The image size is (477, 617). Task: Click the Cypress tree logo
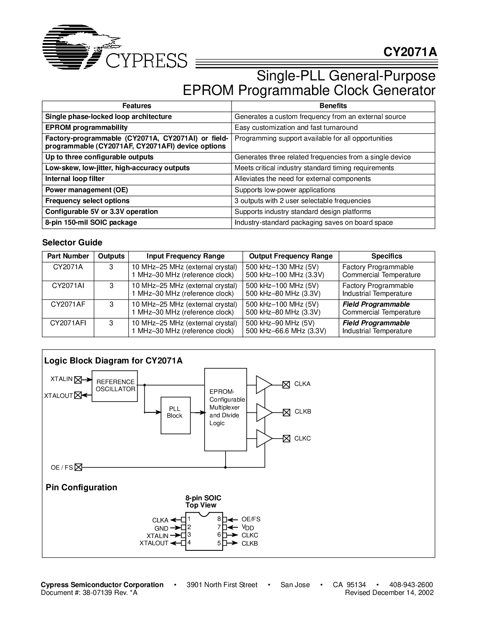81,47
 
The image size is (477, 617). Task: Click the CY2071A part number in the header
410,52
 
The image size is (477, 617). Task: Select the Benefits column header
333,106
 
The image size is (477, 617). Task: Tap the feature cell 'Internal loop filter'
75,179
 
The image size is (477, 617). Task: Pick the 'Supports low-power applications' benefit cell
285,190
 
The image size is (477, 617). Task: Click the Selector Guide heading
72,242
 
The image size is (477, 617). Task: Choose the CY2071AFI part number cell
68,323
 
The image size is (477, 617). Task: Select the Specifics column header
387,256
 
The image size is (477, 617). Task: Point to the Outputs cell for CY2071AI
111,286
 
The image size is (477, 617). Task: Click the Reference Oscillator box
115,386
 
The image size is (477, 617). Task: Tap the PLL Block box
175,415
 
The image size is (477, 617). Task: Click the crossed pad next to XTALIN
78,380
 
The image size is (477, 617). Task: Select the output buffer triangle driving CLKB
264,412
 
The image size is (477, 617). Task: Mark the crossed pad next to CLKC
286,439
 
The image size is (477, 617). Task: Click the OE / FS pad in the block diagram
78,467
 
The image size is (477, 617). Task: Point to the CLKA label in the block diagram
302,384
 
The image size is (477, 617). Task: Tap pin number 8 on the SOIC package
219,519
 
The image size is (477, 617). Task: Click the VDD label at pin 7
248,527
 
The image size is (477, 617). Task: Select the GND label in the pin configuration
161,528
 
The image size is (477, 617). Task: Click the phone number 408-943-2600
411,584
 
